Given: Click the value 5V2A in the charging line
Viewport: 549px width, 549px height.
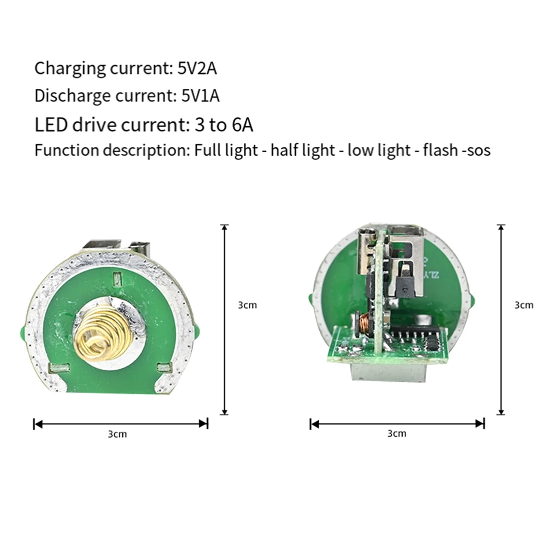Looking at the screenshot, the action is (x=197, y=69).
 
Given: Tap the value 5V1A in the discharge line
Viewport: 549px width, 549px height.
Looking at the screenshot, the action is (x=200, y=96).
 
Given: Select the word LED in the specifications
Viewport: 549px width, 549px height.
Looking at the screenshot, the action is (x=51, y=124).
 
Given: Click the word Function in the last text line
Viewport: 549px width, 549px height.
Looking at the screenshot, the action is (x=66, y=150).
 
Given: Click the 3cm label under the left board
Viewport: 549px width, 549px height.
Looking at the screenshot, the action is (x=118, y=434).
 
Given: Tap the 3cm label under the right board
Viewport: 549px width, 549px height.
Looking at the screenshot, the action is (x=397, y=433).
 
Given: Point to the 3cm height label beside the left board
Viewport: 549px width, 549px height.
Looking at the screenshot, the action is (x=248, y=305).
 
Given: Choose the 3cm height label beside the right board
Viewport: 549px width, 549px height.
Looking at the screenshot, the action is (x=524, y=305).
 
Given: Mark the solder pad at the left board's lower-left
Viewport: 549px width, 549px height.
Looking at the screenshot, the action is (x=59, y=368).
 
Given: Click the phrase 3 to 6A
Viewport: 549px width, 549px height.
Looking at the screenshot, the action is (x=224, y=124).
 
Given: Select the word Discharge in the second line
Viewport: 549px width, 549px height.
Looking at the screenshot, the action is (x=72, y=96).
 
